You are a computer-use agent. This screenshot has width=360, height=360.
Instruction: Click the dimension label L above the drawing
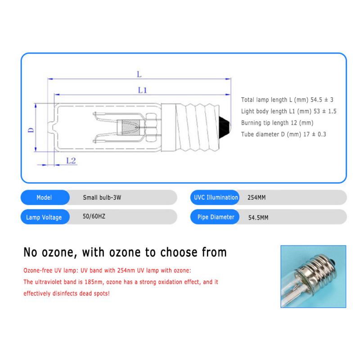(x=139, y=73)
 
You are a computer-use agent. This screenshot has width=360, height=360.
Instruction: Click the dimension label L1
(x=143, y=90)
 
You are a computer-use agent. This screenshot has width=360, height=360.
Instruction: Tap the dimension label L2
(x=71, y=160)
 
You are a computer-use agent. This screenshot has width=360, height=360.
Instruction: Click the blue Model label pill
(x=44, y=198)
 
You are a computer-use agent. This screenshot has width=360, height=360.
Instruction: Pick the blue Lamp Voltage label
(x=44, y=217)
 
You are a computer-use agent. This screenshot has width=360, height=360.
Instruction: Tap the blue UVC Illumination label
(x=216, y=198)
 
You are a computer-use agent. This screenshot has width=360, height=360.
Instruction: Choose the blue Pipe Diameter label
(x=216, y=217)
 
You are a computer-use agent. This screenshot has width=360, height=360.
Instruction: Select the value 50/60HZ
(x=94, y=217)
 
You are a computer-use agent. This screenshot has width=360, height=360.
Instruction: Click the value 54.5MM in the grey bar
(x=259, y=217)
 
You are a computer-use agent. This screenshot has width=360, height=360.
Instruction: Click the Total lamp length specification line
(x=288, y=100)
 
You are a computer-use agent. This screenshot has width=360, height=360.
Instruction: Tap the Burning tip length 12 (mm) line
(x=277, y=122)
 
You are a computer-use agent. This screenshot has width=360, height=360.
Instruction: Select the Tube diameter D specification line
(x=283, y=134)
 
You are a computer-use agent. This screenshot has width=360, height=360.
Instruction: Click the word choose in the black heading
(x=175, y=252)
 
